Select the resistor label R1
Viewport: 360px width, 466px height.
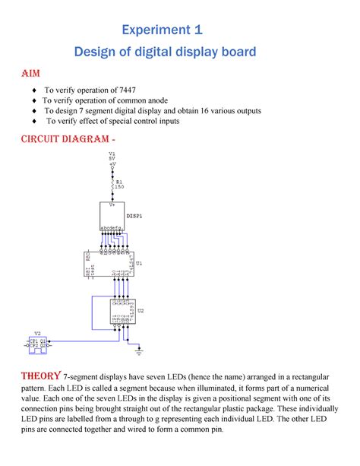(118, 182)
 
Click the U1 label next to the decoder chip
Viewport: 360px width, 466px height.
(140, 263)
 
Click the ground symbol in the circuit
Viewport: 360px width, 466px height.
(138, 351)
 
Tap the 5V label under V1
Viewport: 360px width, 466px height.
(112, 158)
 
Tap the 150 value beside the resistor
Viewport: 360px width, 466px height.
(120, 187)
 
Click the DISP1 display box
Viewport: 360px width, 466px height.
(112, 217)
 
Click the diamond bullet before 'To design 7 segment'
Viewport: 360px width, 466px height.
(34, 110)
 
